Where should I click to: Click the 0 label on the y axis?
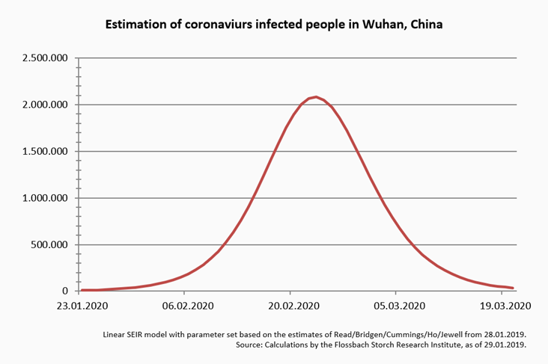66,291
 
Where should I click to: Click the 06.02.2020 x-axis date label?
188,305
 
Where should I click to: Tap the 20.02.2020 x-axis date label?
293,305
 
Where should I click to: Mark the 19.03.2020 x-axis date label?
505,305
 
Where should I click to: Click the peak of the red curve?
316,97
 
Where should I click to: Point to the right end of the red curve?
513,288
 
